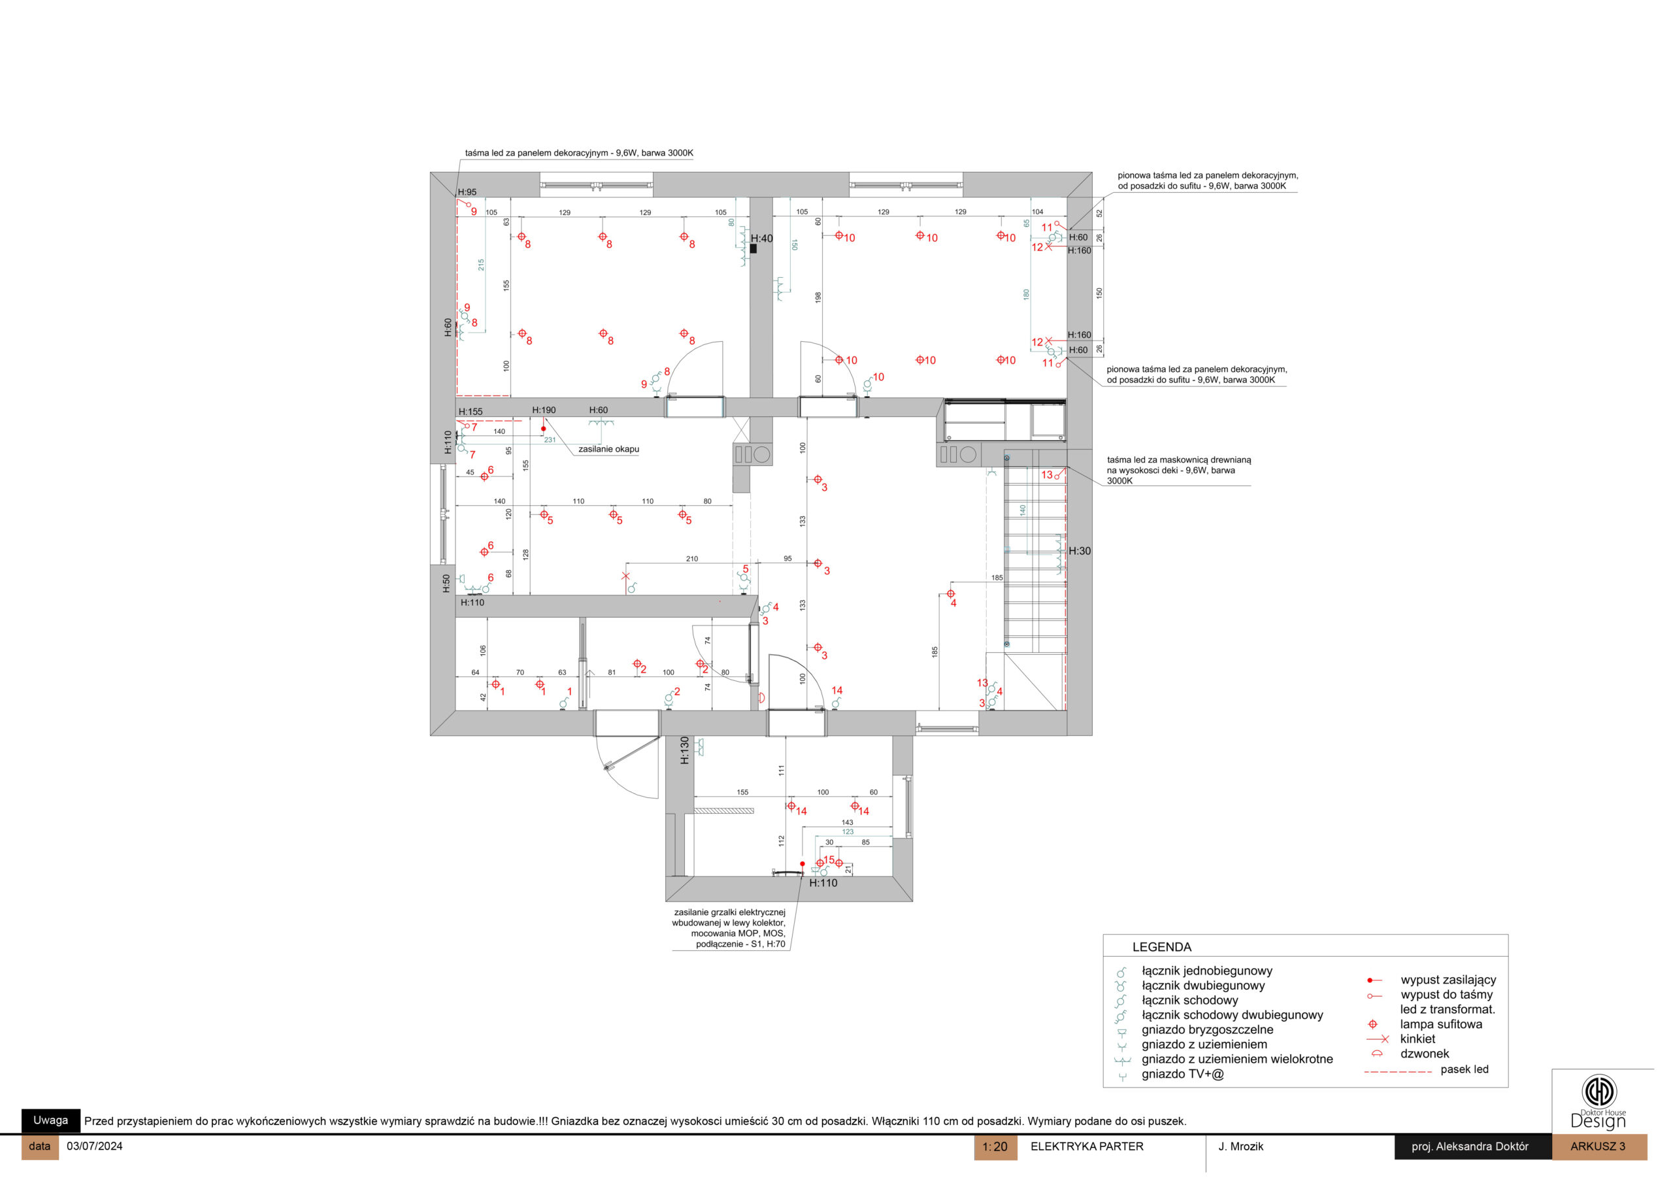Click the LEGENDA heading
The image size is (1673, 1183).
tap(1161, 947)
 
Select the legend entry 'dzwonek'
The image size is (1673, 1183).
tap(1424, 1053)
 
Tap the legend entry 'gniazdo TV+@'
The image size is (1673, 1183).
tap(1183, 1074)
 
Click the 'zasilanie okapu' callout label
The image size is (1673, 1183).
tap(608, 449)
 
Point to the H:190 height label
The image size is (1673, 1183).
tap(544, 410)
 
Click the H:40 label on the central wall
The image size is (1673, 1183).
tap(761, 239)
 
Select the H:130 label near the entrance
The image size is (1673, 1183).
tap(684, 750)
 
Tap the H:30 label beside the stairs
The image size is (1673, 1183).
tap(1079, 551)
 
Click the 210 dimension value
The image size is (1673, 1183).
tap(691, 559)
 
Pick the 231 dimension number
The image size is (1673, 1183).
tap(550, 439)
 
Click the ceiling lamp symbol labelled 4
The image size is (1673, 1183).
tap(950, 593)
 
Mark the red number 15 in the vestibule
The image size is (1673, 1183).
tap(829, 860)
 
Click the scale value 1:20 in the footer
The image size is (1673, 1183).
tap(995, 1146)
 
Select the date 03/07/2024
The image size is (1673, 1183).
tap(95, 1146)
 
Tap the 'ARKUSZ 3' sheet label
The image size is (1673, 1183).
tap(1597, 1146)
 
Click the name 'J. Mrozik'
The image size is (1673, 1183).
tap(1240, 1146)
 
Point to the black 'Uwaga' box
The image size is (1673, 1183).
tap(50, 1120)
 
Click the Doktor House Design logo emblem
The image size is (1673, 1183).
tap(1598, 1091)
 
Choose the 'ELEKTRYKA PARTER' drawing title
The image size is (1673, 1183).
tap(1086, 1146)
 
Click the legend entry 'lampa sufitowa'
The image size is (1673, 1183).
tap(1440, 1024)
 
